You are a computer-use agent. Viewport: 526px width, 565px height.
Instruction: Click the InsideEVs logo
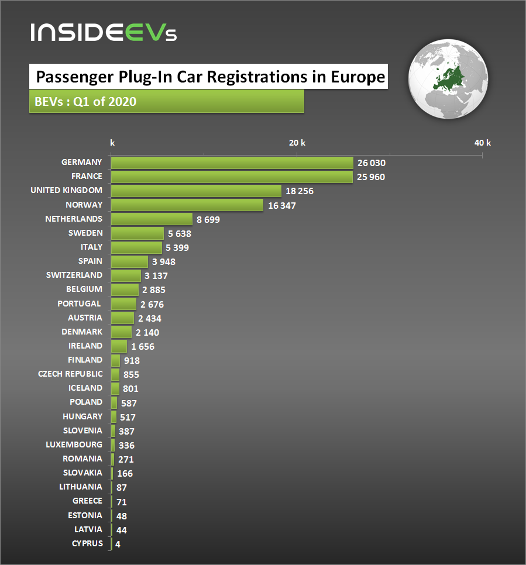(x=103, y=32)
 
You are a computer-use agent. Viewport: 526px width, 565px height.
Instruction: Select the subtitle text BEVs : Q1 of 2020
(x=86, y=102)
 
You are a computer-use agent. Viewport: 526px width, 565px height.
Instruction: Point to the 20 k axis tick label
(x=297, y=143)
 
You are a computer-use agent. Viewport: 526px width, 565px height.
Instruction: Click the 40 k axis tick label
(x=482, y=143)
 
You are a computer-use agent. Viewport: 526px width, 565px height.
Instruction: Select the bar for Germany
(x=232, y=163)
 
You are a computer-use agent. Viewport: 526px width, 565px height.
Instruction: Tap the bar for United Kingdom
(x=196, y=191)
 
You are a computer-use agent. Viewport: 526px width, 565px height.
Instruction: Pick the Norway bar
(x=187, y=205)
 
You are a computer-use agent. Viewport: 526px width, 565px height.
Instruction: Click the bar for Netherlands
(x=152, y=219)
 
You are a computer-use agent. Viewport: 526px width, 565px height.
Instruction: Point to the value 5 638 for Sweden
(x=180, y=233)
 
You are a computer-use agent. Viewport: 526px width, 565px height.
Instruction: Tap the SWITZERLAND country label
(x=74, y=275)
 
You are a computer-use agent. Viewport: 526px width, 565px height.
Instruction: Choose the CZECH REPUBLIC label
(x=70, y=374)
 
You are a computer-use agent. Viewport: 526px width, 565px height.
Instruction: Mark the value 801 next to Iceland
(x=130, y=388)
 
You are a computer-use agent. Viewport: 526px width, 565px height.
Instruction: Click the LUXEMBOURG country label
(x=74, y=445)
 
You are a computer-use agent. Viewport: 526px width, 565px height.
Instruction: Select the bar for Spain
(x=129, y=261)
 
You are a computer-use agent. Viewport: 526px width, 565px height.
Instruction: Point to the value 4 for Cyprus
(x=118, y=544)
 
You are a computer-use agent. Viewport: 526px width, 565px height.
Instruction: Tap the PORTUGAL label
(x=79, y=304)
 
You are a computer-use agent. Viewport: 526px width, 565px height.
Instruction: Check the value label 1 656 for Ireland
(x=143, y=346)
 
